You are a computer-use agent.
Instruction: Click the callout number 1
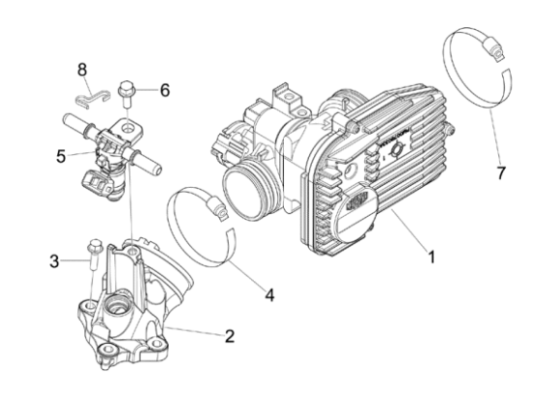coord(431,257)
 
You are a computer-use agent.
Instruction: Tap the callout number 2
coord(230,336)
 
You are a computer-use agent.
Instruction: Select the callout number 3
coord(54,261)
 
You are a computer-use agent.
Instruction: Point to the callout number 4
coord(269,294)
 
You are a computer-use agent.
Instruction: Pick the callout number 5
coord(61,156)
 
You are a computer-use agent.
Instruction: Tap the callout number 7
coord(501,172)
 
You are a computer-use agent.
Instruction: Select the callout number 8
coord(82,70)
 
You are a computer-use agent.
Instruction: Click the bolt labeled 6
coord(126,94)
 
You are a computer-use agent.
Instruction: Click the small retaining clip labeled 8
coord(92,99)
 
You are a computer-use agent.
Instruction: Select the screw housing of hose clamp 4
coord(216,208)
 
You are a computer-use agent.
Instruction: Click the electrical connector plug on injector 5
coord(97,184)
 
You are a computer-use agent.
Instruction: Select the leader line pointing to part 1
coord(409,230)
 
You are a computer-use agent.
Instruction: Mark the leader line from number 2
coord(195,331)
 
